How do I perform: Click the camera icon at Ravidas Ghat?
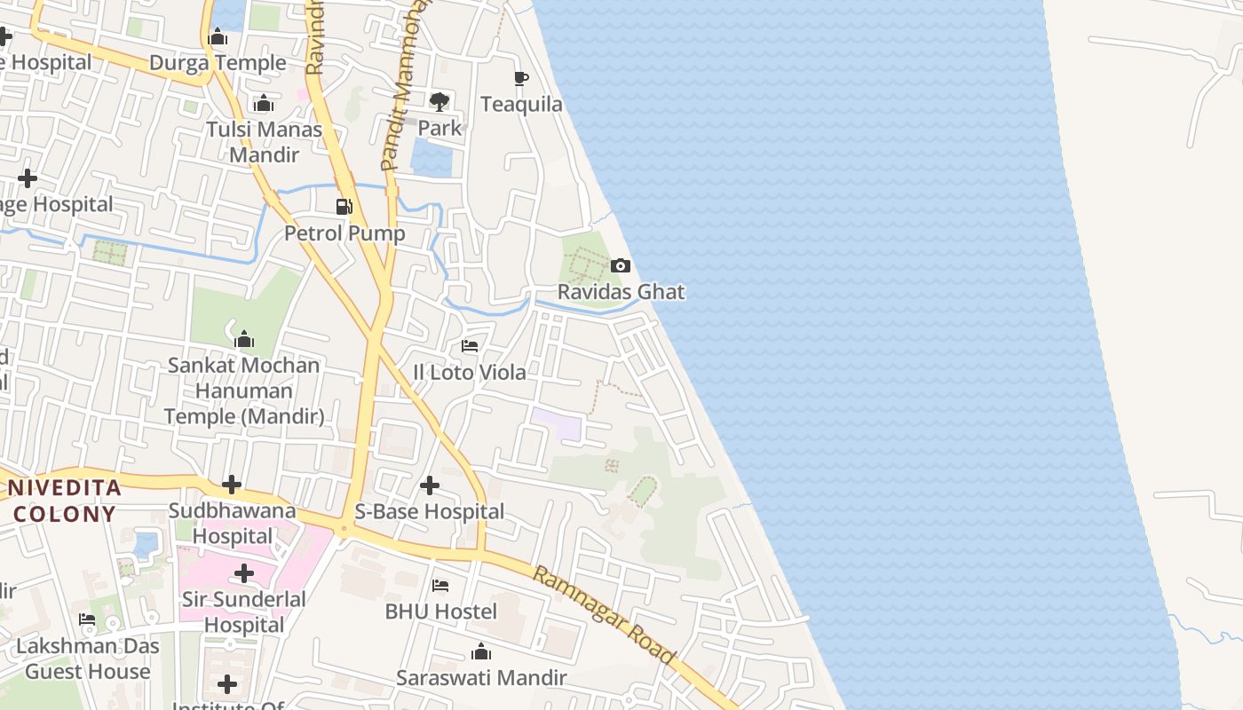[x=621, y=265]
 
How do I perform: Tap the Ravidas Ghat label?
[x=621, y=292]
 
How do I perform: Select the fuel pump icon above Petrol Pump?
[x=344, y=207]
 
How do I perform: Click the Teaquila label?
[x=521, y=105]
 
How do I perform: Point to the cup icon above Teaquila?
[x=521, y=79]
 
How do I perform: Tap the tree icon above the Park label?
[x=439, y=101]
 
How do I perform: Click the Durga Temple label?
[x=218, y=63]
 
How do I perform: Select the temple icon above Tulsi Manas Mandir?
[x=263, y=104]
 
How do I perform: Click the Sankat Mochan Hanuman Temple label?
[x=244, y=390]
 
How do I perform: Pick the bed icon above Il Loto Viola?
[x=470, y=346]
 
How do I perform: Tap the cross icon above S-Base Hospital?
[x=430, y=485]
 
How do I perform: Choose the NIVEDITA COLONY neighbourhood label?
[x=64, y=500]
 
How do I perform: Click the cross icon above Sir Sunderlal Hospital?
[x=244, y=573]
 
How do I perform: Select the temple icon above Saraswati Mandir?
[x=481, y=652]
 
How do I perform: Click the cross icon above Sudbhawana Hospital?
[x=232, y=485]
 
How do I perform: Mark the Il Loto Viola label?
[x=470, y=373]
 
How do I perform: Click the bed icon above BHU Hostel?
[x=440, y=586]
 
